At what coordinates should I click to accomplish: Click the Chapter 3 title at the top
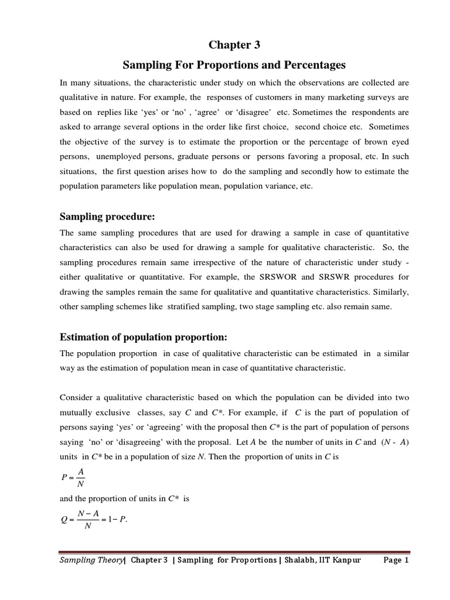(225, 45)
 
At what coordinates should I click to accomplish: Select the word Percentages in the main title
(317, 64)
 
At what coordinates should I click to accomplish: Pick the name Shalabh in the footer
(301, 560)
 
